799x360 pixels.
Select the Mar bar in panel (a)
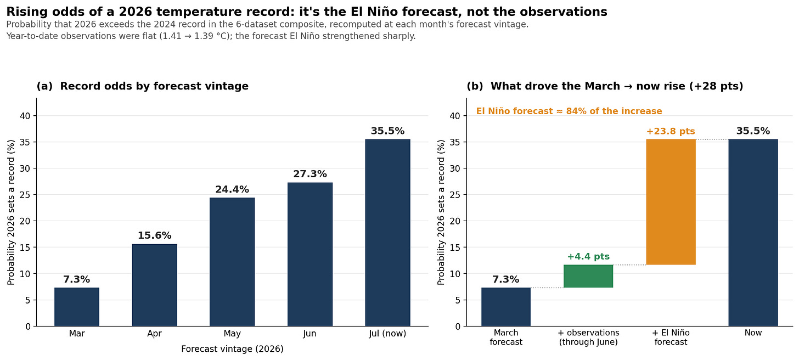point(77,307)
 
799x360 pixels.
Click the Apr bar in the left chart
point(154,285)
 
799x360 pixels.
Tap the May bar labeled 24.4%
point(232,262)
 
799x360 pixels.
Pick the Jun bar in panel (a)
point(310,255)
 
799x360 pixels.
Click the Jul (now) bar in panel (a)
point(388,233)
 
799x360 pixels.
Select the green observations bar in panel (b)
point(588,276)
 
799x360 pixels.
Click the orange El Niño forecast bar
point(671,202)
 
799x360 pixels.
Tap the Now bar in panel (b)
point(753,233)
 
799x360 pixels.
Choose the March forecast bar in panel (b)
point(506,307)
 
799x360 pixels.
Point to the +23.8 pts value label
point(671,131)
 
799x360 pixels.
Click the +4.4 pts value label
point(588,256)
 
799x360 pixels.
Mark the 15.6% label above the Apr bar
point(154,235)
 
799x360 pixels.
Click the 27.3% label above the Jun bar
point(310,174)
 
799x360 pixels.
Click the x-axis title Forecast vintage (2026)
point(232,349)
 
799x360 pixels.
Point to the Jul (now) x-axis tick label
point(388,334)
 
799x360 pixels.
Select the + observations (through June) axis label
point(588,337)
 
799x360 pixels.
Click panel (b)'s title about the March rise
point(605,86)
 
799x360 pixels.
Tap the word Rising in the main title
point(27,12)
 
